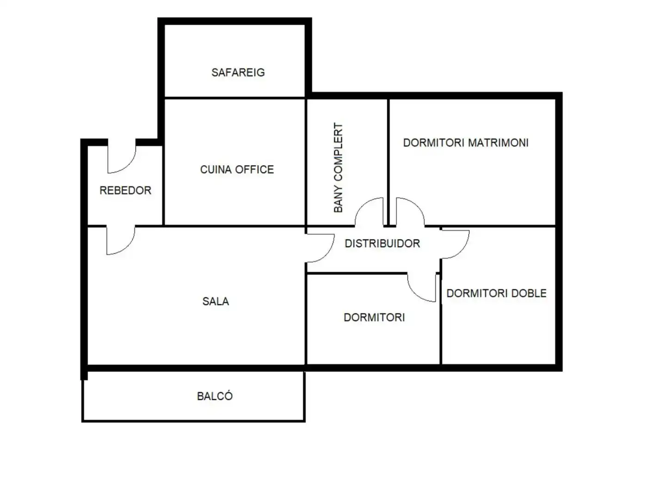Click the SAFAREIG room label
(x=238, y=73)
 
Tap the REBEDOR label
(x=125, y=190)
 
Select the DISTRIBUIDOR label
(x=382, y=244)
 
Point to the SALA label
(x=216, y=301)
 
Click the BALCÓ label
(x=215, y=396)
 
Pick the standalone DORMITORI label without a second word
(x=374, y=318)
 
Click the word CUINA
(x=216, y=170)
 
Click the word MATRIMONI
(x=498, y=143)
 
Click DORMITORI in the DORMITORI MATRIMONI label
(x=433, y=143)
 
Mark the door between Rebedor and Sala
(x=120, y=240)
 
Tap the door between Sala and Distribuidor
(x=320, y=248)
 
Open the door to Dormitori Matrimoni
(x=410, y=212)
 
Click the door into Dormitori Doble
(x=455, y=244)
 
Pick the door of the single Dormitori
(x=422, y=287)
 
